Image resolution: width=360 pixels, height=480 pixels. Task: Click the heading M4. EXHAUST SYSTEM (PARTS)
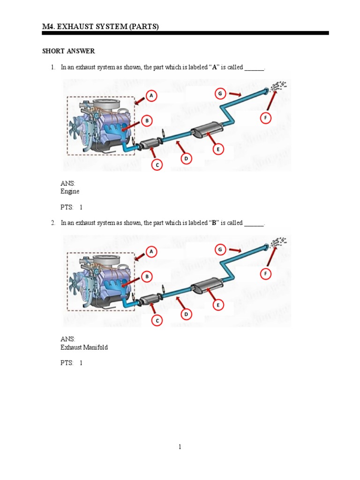(x=100, y=27)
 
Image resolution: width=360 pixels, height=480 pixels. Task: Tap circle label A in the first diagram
(x=151, y=96)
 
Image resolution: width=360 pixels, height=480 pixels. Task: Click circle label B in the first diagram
(x=147, y=121)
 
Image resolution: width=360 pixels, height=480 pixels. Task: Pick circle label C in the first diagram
(x=157, y=165)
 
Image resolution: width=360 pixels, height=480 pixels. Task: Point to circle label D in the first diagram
(x=186, y=159)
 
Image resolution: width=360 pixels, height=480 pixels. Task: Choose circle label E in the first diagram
(x=217, y=150)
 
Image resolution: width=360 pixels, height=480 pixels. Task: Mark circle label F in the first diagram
(x=265, y=118)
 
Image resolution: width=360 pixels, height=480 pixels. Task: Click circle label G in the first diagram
(x=220, y=93)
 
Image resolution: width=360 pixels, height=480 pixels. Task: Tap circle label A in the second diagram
(x=151, y=252)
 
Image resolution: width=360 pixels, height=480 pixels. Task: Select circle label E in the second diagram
(x=217, y=305)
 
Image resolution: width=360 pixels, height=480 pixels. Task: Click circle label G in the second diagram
(x=220, y=249)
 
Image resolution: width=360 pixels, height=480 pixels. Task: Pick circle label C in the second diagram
(x=157, y=321)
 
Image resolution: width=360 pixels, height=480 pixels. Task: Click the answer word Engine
(x=70, y=192)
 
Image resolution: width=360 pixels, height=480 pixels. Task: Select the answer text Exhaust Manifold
(x=84, y=348)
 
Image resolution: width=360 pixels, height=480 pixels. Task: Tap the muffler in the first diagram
(x=206, y=129)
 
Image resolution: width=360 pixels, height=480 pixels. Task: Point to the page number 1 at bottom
(x=180, y=447)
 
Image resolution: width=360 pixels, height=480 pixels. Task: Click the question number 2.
(x=53, y=223)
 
